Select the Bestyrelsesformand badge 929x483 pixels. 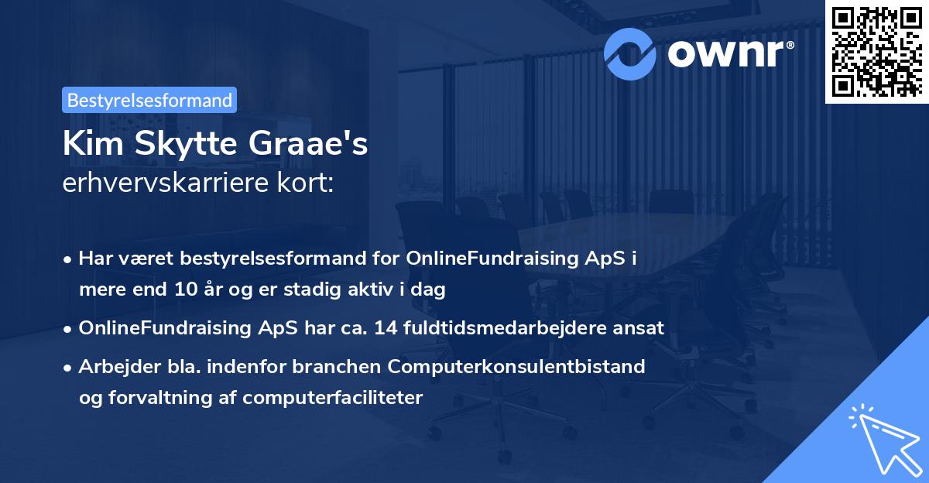click(149, 100)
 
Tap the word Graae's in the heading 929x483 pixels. click(321, 146)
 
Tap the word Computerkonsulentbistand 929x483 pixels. click(528, 366)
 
